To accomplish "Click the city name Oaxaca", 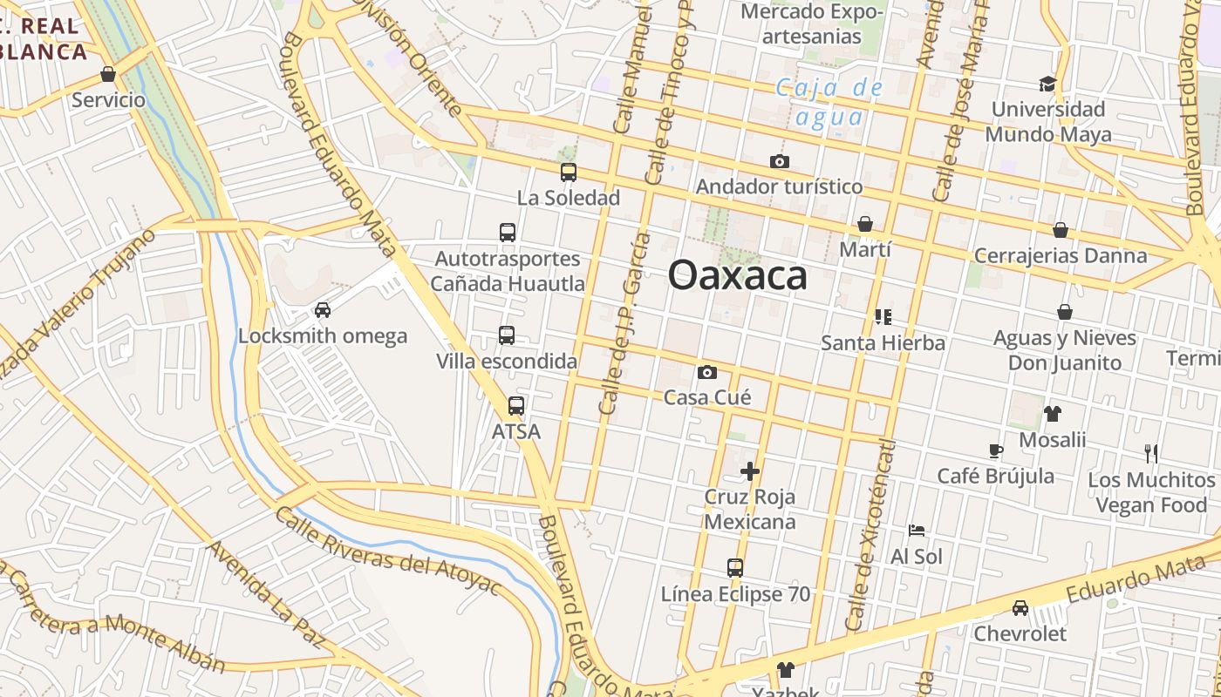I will (x=738, y=276).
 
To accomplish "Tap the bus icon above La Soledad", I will (x=569, y=172).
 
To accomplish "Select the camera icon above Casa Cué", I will (x=707, y=373).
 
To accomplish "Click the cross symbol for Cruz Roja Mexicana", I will (x=750, y=471).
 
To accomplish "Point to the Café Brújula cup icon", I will (x=996, y=450).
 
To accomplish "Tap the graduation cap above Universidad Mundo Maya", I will (x=1047, y=84).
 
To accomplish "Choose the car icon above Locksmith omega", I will (x=323, y=310).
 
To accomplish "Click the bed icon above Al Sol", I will (x=917, y=530).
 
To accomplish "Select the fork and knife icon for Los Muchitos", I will (x=1151, y=453).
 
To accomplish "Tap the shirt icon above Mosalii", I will (x=1053, y=414).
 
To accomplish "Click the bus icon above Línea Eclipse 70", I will (x=735, y=568).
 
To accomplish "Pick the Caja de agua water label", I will (x=829, y=102).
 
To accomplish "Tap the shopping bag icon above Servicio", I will (x=108, y=74).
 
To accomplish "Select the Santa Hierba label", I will (x=883, y=343).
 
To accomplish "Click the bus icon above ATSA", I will (x=516, y=406).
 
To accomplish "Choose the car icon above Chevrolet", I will (x=1020, y=608).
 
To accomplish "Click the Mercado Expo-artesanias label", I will (x=801, y=24).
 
